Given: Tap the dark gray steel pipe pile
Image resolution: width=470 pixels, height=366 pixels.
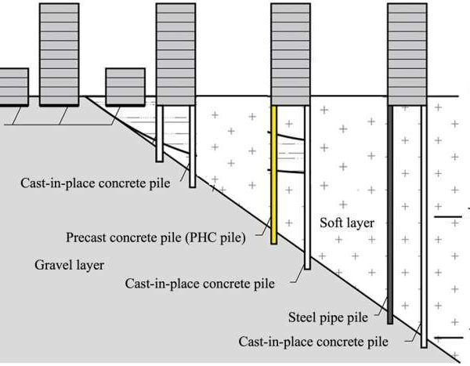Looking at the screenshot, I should pyautogui.click(x=390, y=212).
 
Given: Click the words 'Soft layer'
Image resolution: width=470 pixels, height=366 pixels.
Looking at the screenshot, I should pyautogui.click(x=347, y=223).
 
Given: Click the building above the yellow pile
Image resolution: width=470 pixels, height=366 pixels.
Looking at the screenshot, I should pyautogui.click(x=290, y=49).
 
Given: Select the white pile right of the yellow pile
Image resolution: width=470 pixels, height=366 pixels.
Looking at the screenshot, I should pyautogui.click(x=307, y=188).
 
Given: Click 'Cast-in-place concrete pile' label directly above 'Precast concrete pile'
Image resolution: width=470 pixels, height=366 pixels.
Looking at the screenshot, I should pyautogui.click(x=100, y=184).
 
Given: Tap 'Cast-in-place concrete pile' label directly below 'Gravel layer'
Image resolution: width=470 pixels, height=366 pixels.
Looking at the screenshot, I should pyautogui.click(x=201, y=284).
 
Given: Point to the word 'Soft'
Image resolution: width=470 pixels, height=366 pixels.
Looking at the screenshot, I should pyautogui.click(x=333, y=223).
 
